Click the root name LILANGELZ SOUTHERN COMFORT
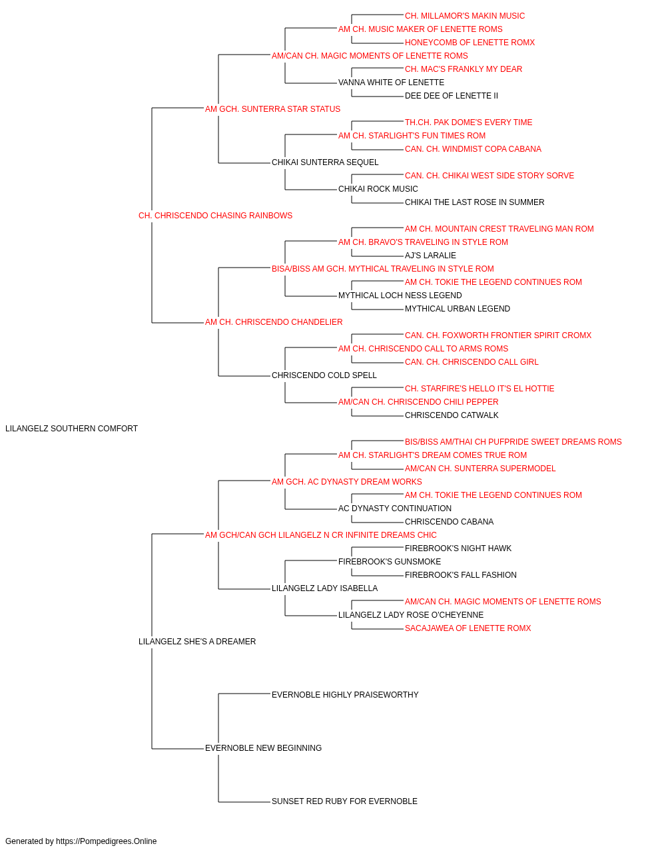[x=71, y=429]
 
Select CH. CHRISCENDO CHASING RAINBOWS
[x=215, y=216]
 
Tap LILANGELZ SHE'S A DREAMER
[x=197, y=642]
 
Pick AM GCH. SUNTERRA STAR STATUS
[x=272, y=109]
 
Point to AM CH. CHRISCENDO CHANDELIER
[x=274, y=322]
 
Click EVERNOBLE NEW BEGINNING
[x=263, y=748]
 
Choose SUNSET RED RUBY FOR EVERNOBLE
[x=344, y=801]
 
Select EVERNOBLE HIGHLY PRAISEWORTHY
[x=345, y=695]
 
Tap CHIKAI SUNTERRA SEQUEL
[x=325, y=162]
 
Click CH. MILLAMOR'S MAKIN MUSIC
[x=465, y=16]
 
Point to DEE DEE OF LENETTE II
[x=452, y=96]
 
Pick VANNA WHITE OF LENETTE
[x=391, y=83]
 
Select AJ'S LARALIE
[x=430, y=256]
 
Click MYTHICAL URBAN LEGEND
[x=458, y=309]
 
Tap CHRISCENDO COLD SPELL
[x=324, y=375]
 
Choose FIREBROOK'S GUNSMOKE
[x=390, y=562]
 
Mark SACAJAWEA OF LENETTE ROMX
[x=468, y=628]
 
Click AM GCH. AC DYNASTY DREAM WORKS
[x=347, y=482]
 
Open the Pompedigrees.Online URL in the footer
[x=107, y=841]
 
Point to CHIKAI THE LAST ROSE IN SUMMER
[x=475, y=202]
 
